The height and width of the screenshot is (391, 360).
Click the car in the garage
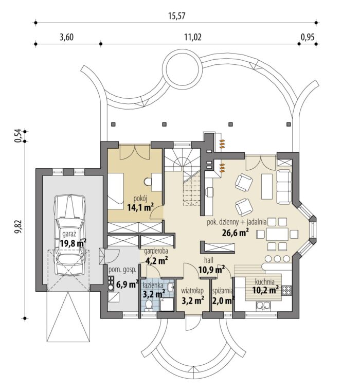(70, 235)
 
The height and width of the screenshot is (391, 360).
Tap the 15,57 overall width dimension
(177, 16)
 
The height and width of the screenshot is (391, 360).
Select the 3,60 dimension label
(66, 37)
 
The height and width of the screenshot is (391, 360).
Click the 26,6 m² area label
(236, 233)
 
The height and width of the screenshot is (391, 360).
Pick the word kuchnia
(265, 282)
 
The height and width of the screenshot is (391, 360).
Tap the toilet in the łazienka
(149, 306)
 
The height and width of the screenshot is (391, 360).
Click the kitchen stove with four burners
(286, 291)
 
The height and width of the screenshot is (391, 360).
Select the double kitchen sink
(263, 306)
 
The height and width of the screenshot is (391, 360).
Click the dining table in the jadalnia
(277, 234)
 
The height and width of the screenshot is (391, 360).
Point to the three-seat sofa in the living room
(284, 187)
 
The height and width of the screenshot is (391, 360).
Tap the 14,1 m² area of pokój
(140, 207)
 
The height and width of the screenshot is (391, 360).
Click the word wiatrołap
(192, 291)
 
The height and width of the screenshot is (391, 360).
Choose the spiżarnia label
(223, 291)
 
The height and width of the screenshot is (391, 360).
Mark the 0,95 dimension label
(308, 37)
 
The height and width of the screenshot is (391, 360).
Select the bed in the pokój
(116, 191)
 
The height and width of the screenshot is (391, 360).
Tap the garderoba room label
(156, 251)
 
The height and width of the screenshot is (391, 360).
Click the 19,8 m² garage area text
(74, 243)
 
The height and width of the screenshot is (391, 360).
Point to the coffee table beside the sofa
(267, 186)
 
